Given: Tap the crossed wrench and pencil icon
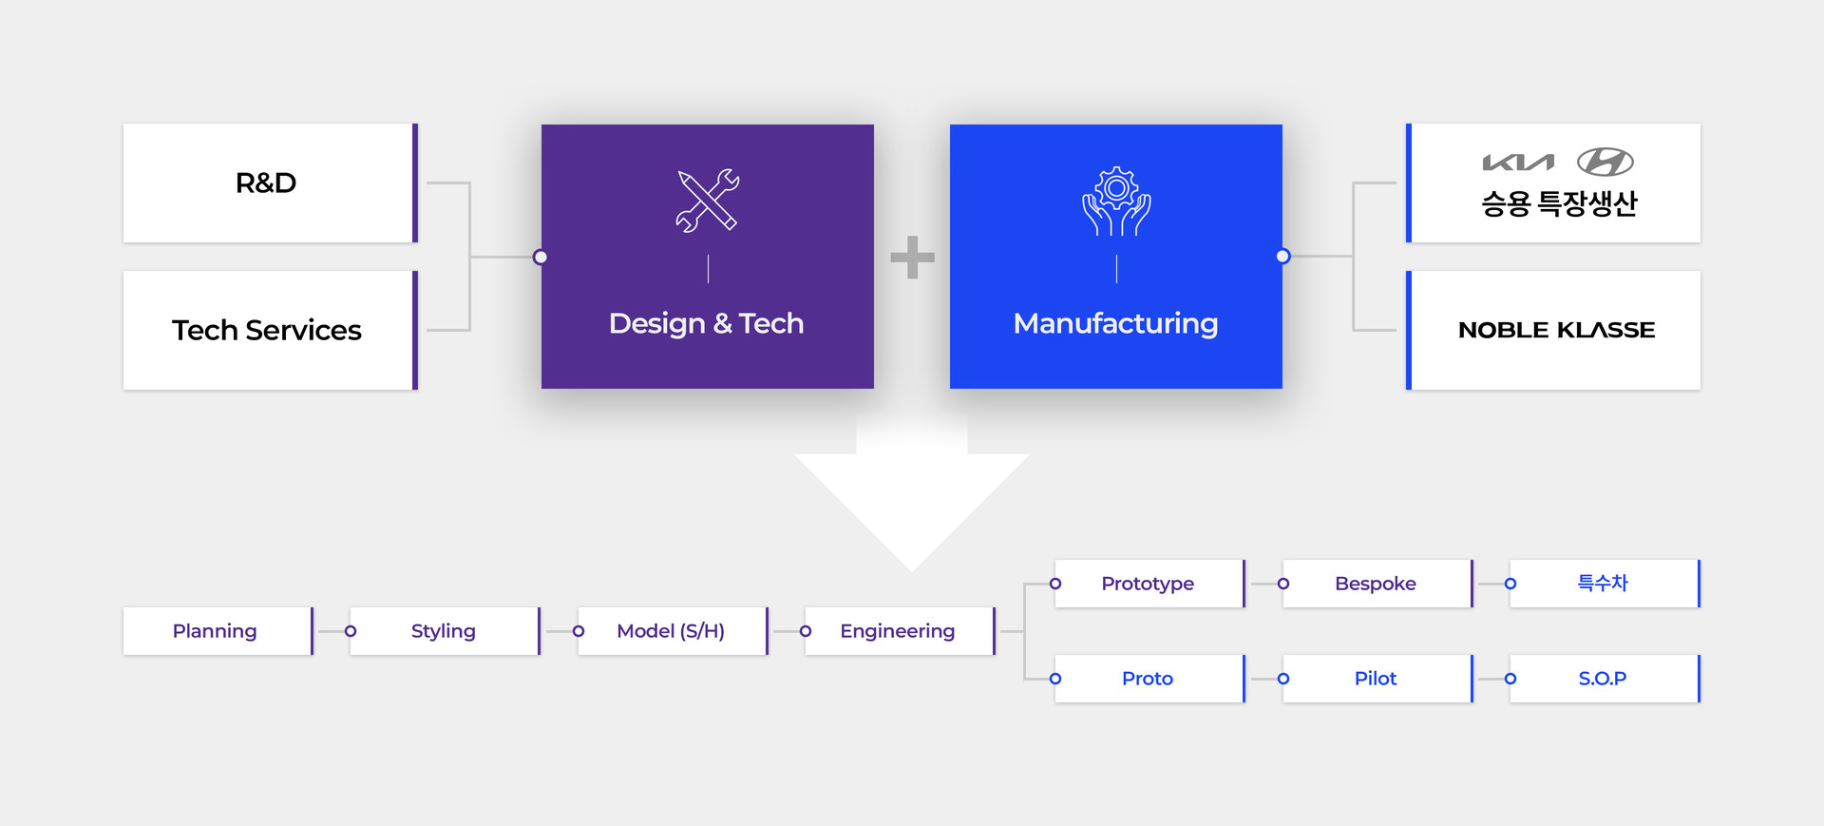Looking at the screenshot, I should pyautogui.click(x=707, y=201).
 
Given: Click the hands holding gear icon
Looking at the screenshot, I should pyautogui.click(x=1116, y=202).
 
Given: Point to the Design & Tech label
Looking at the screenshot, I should pyautogui.click(x=706, y=323).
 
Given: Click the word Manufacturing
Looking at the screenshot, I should pyautogui.click(x=1115, y=323).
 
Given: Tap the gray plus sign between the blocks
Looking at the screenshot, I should pyautogui.click(x=912, y=257).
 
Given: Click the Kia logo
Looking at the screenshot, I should pyautogui.click(x=1518, y=163).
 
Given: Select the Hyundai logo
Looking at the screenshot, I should pyautogui.click(x=1605, y=163).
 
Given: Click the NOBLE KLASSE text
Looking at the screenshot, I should pyautogui.click(x=1556, y=330).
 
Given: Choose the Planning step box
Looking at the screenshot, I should pyautogui.click(x=217, y=631).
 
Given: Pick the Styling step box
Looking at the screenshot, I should pyautogui.click(x=444, y=631).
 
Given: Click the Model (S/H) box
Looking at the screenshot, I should pyautogui.click(x=671, y=631).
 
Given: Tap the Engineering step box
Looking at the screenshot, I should pyautogui.click(x=899, y=631).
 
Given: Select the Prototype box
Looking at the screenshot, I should pyautogui.click(x=1148, y=584).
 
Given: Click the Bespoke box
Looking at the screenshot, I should pyautogui.click(x=1376, y=584).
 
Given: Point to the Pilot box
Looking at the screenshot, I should pyautogui.click(x=1376, y=679).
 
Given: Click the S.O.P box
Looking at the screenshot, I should pyautogui.click(x=1603, y=679).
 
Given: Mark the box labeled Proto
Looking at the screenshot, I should pyautogui.click(x=1148, y=679).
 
